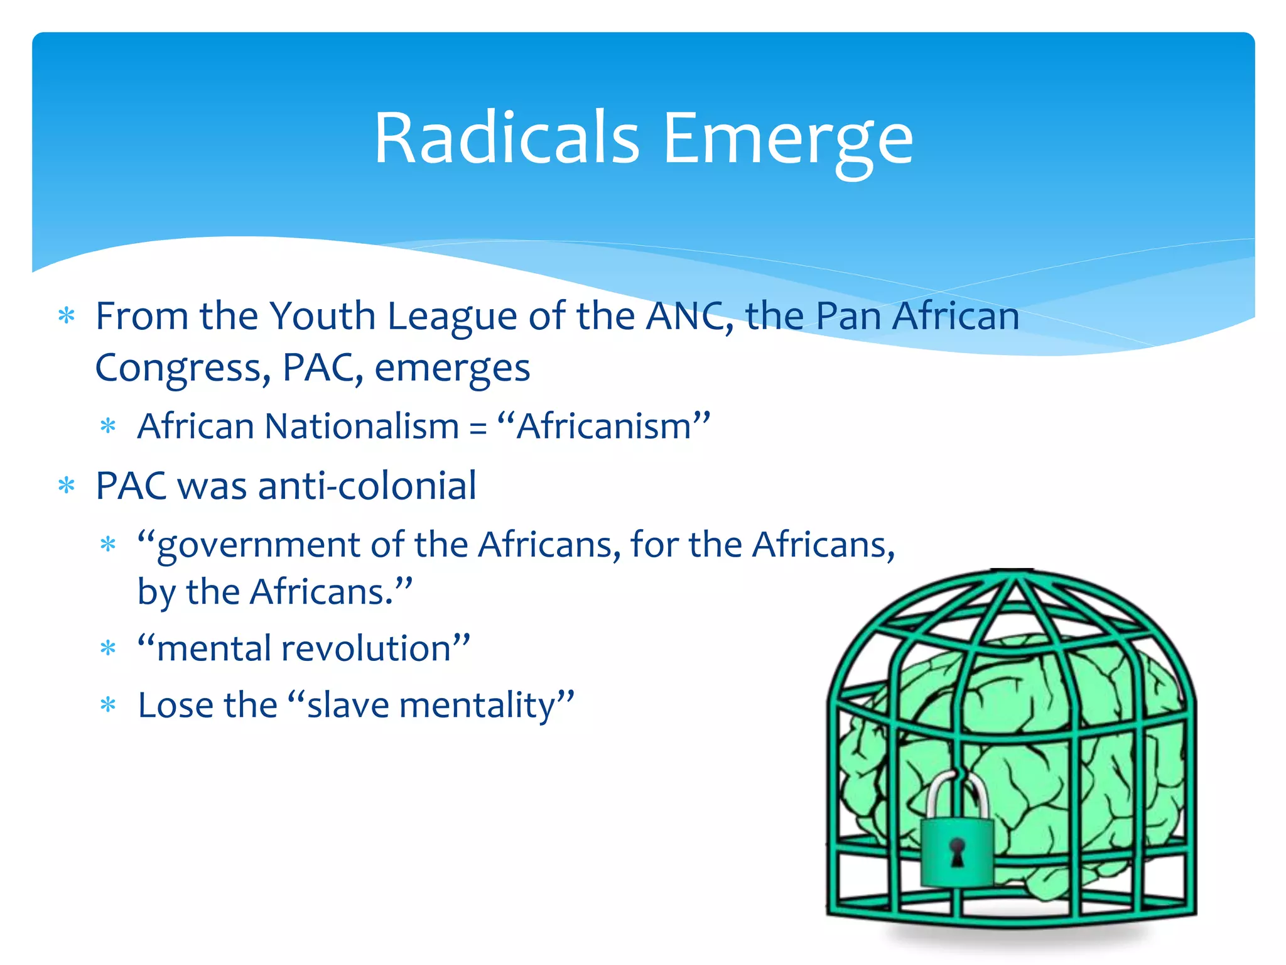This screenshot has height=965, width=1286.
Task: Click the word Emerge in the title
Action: (787, 139)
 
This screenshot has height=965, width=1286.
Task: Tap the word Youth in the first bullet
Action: (322, 316)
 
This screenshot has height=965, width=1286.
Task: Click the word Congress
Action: (183, 369)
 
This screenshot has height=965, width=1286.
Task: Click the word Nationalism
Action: (362, 427)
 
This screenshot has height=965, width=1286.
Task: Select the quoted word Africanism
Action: (603, 427)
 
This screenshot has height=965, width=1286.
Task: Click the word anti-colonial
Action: (367, 486)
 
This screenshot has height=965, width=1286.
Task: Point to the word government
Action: (258, 545)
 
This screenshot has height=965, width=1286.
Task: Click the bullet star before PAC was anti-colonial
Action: (67, 486)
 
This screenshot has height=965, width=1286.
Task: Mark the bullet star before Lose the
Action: (108, 705)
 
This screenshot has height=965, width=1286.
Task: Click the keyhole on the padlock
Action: (956, 853)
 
